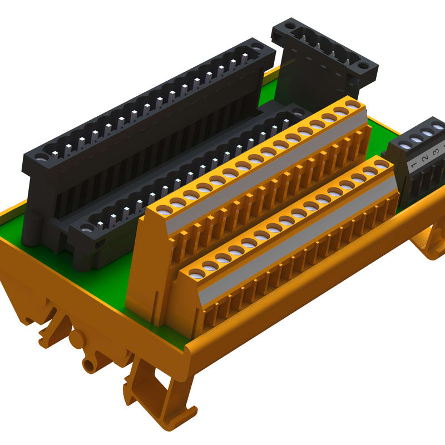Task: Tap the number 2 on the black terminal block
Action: pyautogui.click(x=425, y=159)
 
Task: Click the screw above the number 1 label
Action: pyautogui.click(x=405, y=146)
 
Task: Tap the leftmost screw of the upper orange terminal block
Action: pyautogui.click(x=165, y=210)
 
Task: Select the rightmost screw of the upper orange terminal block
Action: pyautogui.click(x=352, y=105)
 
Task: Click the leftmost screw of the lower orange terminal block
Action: pyautogui.click(x=197, y=274)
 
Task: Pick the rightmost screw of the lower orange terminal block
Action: pyautogui.click(x=382, y=164)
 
